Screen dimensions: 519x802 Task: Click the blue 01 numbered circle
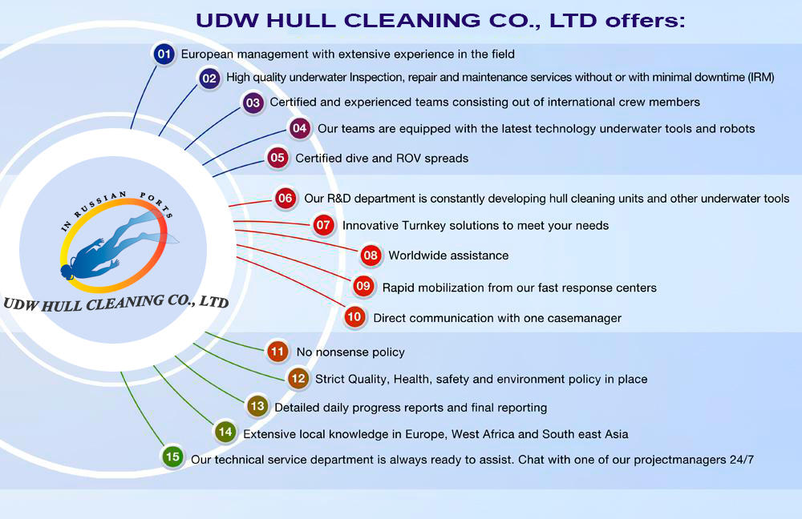click(x=164, y=54)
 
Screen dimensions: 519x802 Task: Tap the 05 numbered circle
click(x=277, y=158)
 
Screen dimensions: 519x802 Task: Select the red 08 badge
click(x=370, y=255)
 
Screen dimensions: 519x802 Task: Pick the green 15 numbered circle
click(x=172, y=457)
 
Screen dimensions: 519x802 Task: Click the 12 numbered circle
click(x=298, y=378)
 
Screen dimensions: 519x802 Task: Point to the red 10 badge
click(x=354, y=317)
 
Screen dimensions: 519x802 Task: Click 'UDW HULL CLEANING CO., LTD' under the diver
click(x=115, y=303)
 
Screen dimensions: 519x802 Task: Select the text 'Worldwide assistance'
click(x=448, y=255)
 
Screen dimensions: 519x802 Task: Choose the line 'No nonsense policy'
click(x=350, y=352)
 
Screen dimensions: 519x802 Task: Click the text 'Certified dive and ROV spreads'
click(x=382, y=158)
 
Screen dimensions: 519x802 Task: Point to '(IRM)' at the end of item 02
click(x=756, y=78)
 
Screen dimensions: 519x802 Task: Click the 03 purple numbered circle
click(x=253, y=103)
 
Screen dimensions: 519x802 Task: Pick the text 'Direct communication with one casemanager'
click(x=497, y=318)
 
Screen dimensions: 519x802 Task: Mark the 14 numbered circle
click(x=225, y=432)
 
